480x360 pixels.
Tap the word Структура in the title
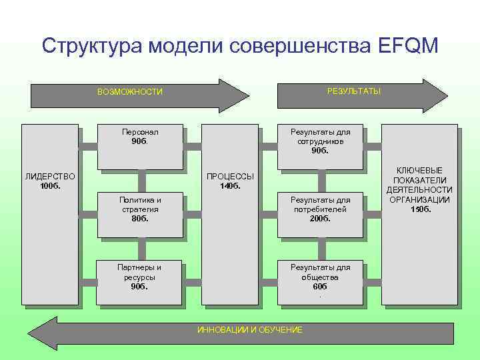[x=90, y=45]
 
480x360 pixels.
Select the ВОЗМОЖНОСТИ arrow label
[x=129, y=92]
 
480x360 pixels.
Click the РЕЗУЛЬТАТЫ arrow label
[x=354, y=91]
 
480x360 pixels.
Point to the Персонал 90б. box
[x=140, y=147]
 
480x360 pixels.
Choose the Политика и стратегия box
[x=140, y=213]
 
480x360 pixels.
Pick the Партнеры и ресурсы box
[x=140, y=280]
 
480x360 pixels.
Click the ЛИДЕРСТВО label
[x=50, y=177]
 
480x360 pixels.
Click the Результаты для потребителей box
[x=320, y=213]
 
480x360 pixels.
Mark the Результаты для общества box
[x=320, y=280]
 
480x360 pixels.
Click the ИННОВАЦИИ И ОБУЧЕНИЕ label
[x=250, y=330]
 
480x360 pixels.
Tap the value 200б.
[x=320, y=218]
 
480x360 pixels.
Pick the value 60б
[x=320, y=286]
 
